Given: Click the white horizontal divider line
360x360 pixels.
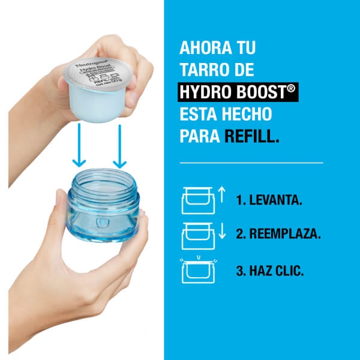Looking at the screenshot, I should (251, 163).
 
